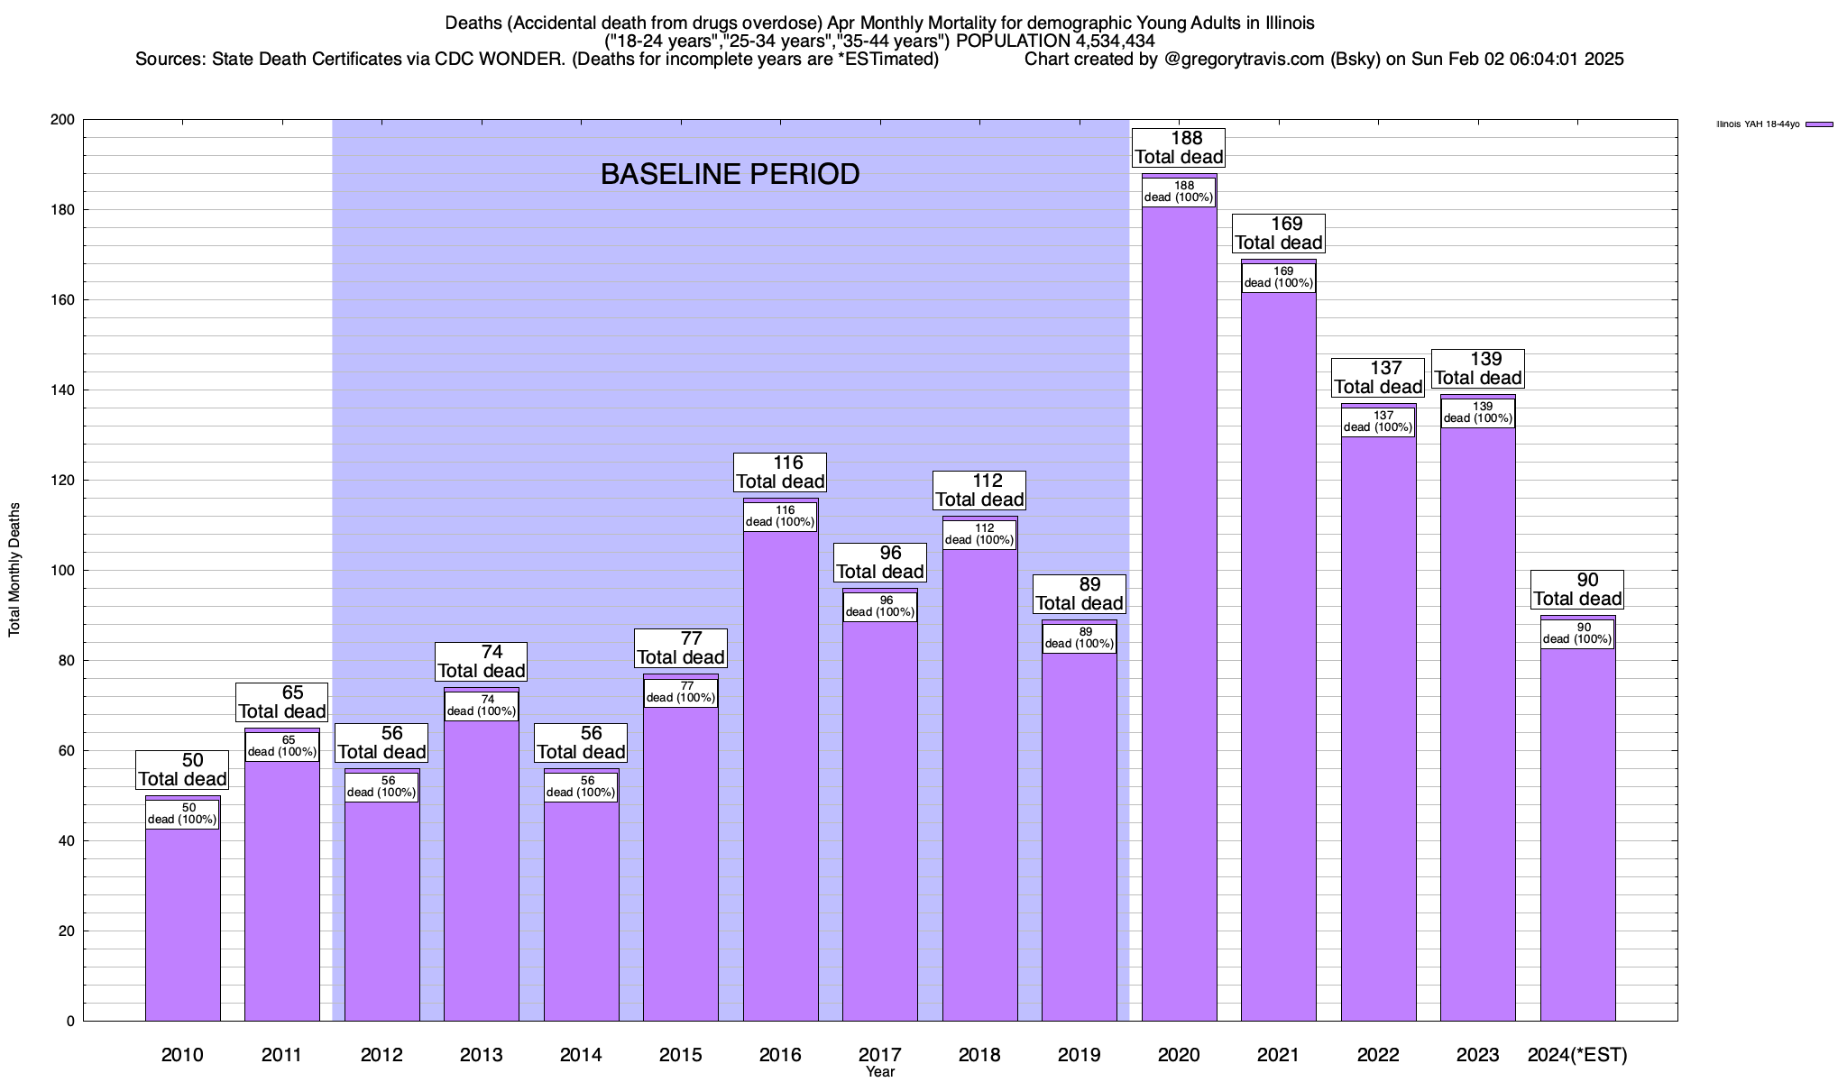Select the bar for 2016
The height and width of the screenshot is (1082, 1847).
[780, 775]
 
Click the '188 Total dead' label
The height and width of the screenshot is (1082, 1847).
[1179, 148]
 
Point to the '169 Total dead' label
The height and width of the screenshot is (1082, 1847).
[1279, 234]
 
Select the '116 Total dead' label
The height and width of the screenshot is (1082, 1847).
[780, 472]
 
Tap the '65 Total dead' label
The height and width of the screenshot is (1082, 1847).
[281, 702]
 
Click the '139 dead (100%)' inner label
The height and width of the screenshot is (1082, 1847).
[1477, 413]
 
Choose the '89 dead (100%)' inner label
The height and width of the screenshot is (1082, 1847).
[1079, 638]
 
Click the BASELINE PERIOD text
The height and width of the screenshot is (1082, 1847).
[730, 174]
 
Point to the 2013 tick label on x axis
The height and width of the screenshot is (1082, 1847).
[481, 1055]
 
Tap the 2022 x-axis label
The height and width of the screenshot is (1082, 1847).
[1378, 1055]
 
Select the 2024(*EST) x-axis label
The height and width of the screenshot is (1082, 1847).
[1577, 1055]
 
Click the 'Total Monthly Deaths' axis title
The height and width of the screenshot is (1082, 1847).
[14, 570]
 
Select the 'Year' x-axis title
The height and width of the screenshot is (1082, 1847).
[879, 1072]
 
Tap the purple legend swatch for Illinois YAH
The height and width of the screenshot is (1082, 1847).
[1819, 124]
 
